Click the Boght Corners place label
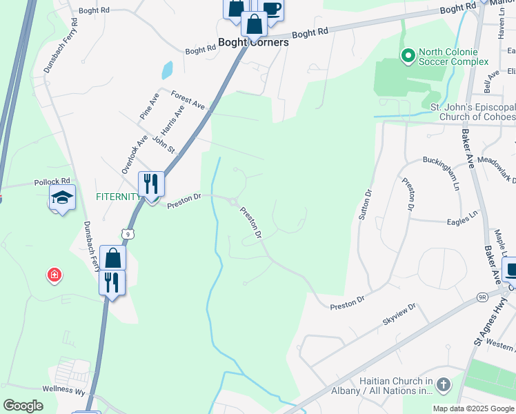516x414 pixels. (x=253, y=42)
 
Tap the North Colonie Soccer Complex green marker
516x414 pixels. (x=408, y=54)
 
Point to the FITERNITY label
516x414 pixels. (x=118, y=197)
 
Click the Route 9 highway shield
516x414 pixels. (x=129, y=234)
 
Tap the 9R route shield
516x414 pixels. (x=482, y=298)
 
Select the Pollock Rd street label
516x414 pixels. (x=52, y=182)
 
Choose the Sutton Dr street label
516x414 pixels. (x=366, y=205)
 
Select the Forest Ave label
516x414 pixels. (x=188, y=101)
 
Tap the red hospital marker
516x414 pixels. (x=54, y=276)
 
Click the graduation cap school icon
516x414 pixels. (x=61, y=198)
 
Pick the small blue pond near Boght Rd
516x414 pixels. (x=166, y=70)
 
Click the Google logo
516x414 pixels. (x=24, y=406)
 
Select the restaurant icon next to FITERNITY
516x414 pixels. (x=151, y=184)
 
